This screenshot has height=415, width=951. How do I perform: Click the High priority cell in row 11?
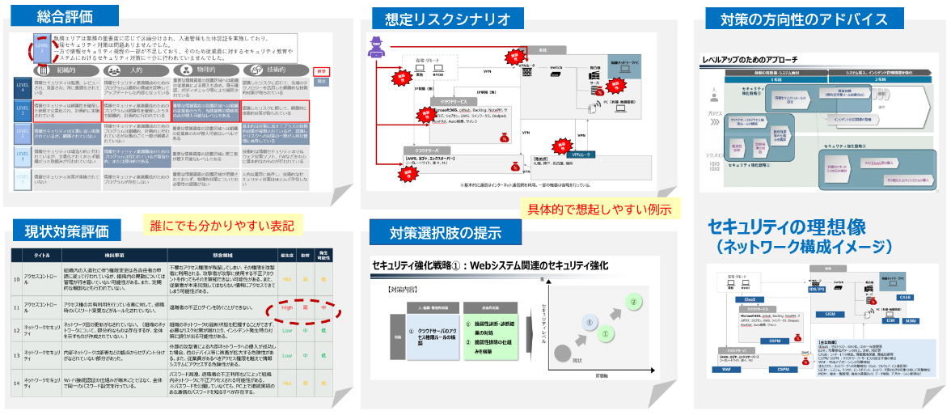287,307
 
